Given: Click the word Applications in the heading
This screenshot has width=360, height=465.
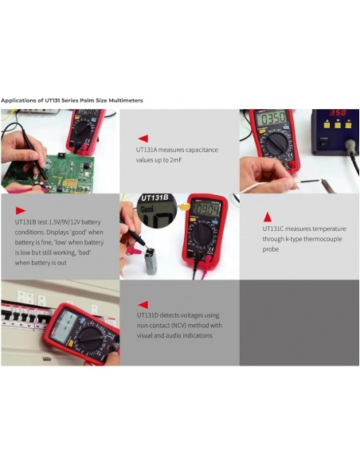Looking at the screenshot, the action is pyautogui.click(x=18, y=100).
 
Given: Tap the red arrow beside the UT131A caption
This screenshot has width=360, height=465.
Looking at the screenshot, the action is pyautogui.click(x=143, y=139).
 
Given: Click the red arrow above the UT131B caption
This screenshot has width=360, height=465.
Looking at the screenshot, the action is pyautogui.click(x=21, y=211).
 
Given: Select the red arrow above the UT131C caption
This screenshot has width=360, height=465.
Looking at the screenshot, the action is pyautogui.click(x=268, y=217).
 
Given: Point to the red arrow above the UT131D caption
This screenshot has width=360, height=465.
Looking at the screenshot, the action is pyautogui.click(x=143, y=305).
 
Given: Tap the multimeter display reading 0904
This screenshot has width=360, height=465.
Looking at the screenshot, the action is pyautogui.click(x=205, y=209).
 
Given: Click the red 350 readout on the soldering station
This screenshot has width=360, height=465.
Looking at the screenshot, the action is pyautogui.click(x=338, y=113).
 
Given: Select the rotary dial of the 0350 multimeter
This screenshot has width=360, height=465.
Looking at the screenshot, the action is pyautogui.click(x=276, y=143).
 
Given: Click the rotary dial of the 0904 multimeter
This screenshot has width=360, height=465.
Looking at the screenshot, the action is pyautogui.click(x=203, y=233).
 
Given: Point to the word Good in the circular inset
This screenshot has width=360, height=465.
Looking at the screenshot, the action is pyautogui.click(x=147, y=209).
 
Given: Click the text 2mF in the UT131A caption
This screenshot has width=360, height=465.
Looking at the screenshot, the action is pyautogui.click(x=175, y=160).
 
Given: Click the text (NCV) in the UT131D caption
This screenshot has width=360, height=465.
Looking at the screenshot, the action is pyautogui.click(x=178, y=326).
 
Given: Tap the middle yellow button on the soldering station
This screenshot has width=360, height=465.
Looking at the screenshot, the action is pyautogui.click(x=338, y=125).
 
